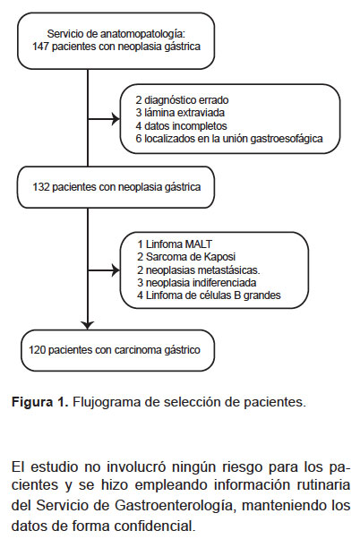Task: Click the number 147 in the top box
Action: (41, 47)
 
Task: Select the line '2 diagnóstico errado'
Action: (182, 100)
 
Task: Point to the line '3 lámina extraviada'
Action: (180, 113)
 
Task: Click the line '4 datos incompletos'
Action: (181, 126)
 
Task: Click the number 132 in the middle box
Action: (41, 187)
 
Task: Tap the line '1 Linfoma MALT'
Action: (175, 244)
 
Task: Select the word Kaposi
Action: (219, 257)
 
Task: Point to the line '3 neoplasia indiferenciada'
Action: (197, 283)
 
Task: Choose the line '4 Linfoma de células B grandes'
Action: (209, 295)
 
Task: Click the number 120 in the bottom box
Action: (37, 350)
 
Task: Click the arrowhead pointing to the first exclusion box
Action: (116, 119)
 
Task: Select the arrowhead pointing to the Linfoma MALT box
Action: (116, 270)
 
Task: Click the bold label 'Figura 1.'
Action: (40, 402)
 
